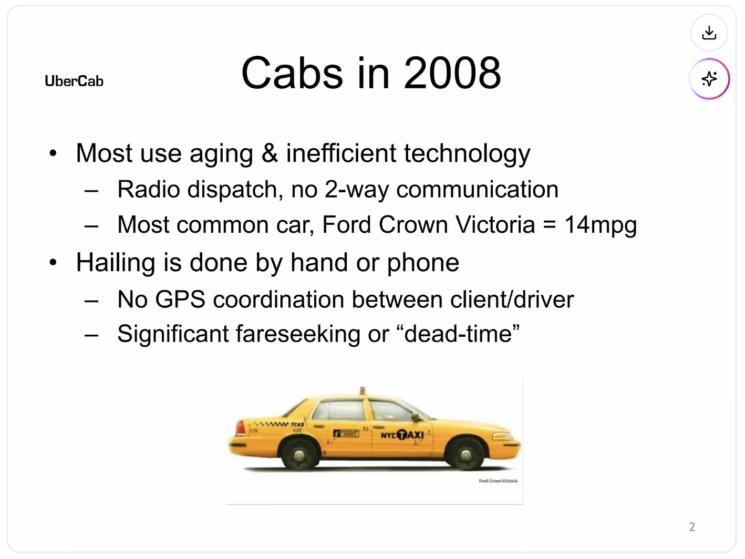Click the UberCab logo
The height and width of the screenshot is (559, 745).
(74, 81)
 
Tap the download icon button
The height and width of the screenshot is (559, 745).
(709, 33)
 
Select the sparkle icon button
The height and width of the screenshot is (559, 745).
(709, 79)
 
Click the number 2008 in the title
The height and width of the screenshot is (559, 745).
(452, 73)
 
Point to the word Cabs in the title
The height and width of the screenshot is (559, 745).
(292, 73)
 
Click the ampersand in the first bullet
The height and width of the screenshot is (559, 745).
(270, 153)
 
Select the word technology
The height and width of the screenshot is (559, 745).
(467, 154)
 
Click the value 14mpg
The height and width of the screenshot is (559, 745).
(600, 225)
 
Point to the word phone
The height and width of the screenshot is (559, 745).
(423, 263)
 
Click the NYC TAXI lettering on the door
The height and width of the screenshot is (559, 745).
(402, 435)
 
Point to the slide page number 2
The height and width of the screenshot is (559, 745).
(692, 527)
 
